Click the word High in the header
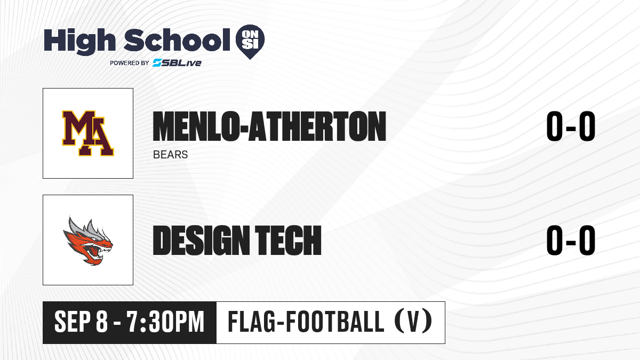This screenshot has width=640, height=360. [x=79, y=42]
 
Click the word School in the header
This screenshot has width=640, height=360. [x=177, y=40]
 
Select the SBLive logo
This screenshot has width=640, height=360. [x=177, y=62]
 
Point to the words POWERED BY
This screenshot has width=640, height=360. [x=130, y=63]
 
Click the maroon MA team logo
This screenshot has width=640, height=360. [x=87, y=133]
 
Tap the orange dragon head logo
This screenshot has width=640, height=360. [x=87, y=241]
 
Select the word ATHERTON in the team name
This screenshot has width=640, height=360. [x=317, y=126]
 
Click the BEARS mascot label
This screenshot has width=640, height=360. [x=170, y=155]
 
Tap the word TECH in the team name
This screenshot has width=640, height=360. [x=288, y=240]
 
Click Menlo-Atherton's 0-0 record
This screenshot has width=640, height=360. [x=571, y=126]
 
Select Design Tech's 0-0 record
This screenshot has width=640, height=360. [x=571, y=240]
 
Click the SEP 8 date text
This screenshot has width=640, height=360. [x=81, y=322]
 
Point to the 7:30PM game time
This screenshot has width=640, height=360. [x=165, y=322]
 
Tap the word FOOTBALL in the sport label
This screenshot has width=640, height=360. [x=335, y=322]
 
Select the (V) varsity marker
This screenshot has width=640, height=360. [x=413, y=321]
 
